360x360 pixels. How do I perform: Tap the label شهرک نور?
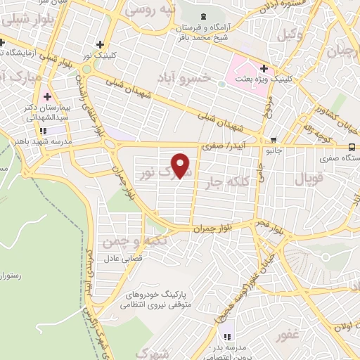pos(153,173)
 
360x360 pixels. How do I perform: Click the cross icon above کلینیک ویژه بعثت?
pos(264,69)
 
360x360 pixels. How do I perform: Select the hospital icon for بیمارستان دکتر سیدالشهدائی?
pos(47,96)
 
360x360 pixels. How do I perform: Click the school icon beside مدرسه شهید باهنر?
pos(43,130)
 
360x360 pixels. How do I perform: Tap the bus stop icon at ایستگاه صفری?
pos(351,146)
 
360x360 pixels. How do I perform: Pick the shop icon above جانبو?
pos(274,139)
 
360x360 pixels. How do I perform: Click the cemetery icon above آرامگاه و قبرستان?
pos(204,15)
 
